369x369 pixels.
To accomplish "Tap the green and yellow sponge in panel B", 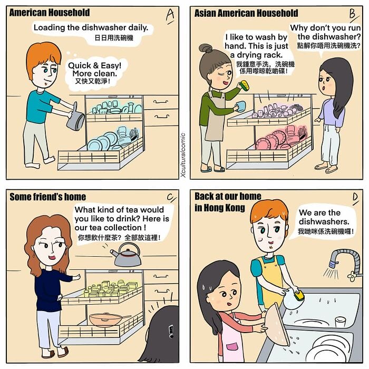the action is pyautogui.click(x=245, y=85).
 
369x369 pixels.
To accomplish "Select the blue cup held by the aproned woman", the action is pyautogui.click(x=240, y=106).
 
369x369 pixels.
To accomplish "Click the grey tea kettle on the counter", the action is pyautogui.click(x=127, y=255).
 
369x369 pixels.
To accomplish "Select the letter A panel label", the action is pyautogui.click(x=170, y=16).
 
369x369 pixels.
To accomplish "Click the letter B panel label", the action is pyautogui.click(x=354, y=15).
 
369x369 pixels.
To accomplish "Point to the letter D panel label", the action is pyautogui.click(x=355, y=198).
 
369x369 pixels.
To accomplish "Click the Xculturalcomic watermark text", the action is pyautogui.click(x=183, y=155).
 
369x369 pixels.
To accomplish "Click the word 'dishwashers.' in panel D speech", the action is pyautogui.click(x=324, y=222).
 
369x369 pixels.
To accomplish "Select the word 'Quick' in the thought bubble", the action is pyautogui.click(x=80, y=65).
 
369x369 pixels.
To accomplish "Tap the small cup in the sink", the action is pyautogui.click(x=340, y=322).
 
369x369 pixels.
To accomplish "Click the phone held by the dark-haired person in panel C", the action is pyautogui.click(x=171, y=332).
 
